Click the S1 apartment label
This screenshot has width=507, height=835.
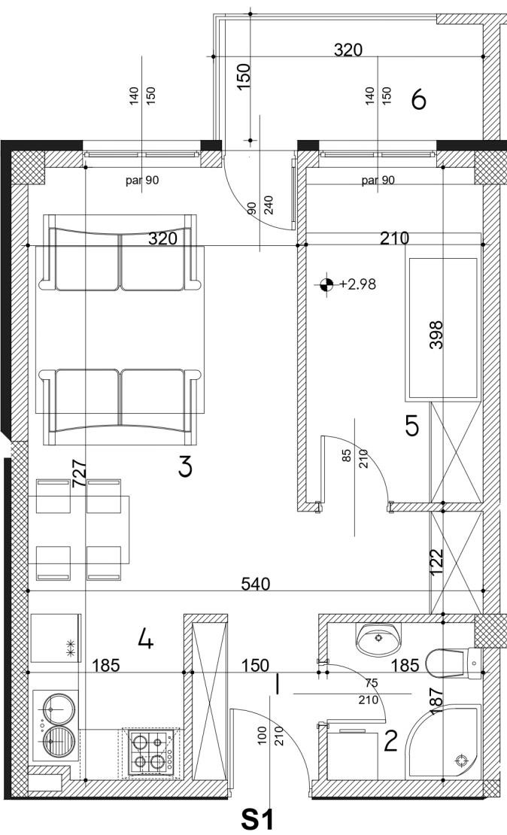257,819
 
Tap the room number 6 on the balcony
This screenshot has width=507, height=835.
419,99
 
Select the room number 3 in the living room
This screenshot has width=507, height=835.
185,468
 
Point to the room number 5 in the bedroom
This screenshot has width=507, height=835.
412,426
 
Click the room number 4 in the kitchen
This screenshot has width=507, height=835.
145,639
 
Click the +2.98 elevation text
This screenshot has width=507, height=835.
357,284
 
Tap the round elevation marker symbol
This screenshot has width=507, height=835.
326,284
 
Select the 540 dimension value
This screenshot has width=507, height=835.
256,584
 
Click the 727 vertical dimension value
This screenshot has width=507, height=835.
79,474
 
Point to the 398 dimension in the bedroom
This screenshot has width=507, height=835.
436,335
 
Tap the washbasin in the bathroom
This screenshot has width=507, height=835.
378,639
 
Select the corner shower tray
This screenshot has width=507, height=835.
445,741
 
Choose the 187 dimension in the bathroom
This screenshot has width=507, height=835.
436,700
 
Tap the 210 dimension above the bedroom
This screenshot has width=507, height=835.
394,238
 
